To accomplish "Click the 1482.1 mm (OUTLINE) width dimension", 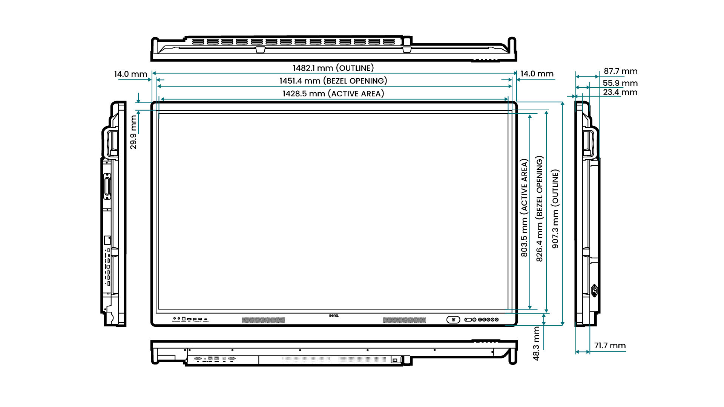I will (x=333, y=68).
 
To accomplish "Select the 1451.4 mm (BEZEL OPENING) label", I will (x=333, y=81).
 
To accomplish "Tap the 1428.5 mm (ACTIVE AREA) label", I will (x=333, y=94).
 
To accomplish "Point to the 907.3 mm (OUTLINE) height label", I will (x=555, y=209).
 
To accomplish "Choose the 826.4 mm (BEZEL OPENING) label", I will (x=540, y=209).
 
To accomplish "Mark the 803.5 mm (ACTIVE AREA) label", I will (x=524, y=208).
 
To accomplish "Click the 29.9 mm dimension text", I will (x=133, y=132).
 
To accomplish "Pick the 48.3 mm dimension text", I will (x=536, y=343).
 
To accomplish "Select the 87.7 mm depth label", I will (x=620, y=71).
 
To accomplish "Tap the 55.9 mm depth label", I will (x=620, y=83).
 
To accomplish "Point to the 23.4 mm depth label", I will (x=620, y=92).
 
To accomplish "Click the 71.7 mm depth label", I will (x=610, y=346).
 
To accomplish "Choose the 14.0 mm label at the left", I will (x=130, y=74).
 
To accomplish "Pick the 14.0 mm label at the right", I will (x=537, y=74).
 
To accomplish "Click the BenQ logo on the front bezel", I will (x=334, y=316).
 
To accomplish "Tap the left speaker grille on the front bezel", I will (x=263, y=320).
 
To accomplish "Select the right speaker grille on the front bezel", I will (x=404, y=320).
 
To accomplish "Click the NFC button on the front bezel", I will (x=453, y=320).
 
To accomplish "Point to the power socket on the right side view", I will (x=595, y=290).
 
